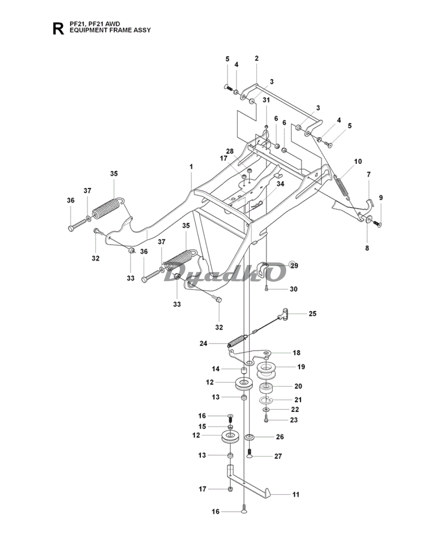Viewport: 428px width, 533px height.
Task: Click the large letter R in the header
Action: click(58, 28)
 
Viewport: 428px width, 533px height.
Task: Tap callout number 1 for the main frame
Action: click(191, 167)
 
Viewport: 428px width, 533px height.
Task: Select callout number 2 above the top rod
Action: click(256, 58)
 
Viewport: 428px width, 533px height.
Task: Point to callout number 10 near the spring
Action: click(358, 161)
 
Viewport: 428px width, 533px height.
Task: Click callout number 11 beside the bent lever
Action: click(296, 495)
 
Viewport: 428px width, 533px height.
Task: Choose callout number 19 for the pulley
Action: click(301, 367)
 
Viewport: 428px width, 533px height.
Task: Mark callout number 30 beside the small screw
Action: click(293, 289)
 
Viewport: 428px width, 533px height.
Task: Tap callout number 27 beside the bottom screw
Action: click(278, 456)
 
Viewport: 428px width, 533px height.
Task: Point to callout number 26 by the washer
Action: click(280, 437)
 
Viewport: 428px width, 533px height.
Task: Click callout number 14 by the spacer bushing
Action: click(215, 369)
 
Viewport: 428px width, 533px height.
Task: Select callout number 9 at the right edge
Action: click(381, 197)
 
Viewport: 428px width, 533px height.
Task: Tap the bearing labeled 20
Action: click(266, 387)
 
